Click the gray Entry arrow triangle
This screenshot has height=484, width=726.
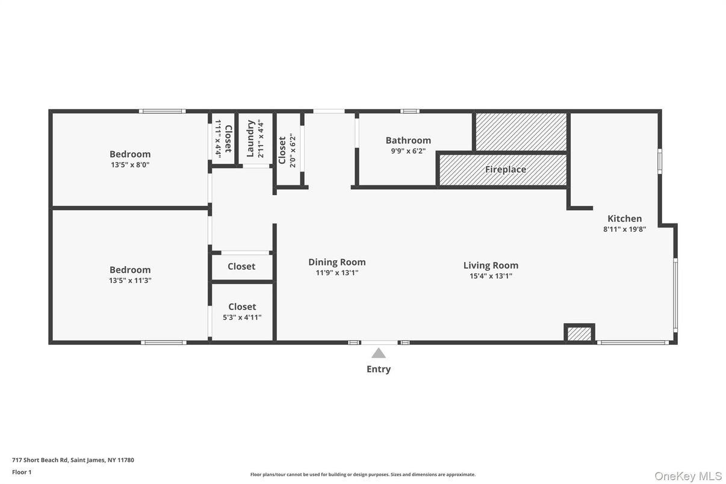[x=378, y=353]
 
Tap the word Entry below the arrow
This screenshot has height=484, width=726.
[x=378, y=369]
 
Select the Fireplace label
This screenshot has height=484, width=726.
[x=505, y=170]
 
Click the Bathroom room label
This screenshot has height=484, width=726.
[x=408, y=140]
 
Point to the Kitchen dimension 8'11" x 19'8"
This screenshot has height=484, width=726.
[x=624, y=229]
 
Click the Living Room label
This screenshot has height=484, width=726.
[x=491, y=265]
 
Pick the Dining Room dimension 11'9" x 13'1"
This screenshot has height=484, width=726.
[x=337, y=273]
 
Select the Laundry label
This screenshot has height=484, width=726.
[x=251, y=138]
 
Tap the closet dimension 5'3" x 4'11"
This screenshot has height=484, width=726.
[x=241, y=317]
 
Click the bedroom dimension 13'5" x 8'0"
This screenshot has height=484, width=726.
[x=129, y=164]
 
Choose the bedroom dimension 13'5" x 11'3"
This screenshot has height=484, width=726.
[x=129, y=281]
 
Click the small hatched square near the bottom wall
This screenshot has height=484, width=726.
[x=579, y=334]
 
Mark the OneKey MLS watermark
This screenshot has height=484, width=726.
[x=687, y=476]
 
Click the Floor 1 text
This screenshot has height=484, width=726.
[x=22, y=472]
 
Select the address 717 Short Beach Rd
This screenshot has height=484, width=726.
[x=73, y=460]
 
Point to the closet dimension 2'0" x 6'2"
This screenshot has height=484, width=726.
[x=293, y=150]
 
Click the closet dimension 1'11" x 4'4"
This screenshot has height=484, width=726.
[x=218, y=138]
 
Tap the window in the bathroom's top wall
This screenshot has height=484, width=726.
[x=410, y=111]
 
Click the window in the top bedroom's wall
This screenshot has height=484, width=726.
[x=162, y=111]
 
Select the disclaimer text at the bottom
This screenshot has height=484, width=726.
[x=362, y=474]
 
